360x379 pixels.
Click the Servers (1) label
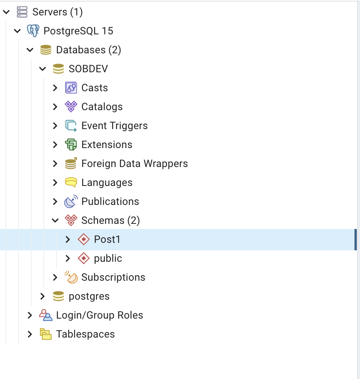coord(58,12)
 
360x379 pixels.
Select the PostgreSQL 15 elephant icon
coord(33,31)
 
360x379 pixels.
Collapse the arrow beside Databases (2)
coord(30,50)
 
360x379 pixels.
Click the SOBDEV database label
coord(88,69)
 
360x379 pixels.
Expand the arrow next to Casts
coord(55,88)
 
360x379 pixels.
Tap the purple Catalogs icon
coord(71,107)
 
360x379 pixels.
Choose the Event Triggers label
coord(114,126)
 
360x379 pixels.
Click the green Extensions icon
coord(71,144)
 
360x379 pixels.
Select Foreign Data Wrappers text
coord(135,164)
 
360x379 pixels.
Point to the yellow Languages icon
coord(71,182)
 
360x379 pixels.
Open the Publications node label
coord(110,202)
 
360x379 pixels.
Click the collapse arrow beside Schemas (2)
coord(55,220)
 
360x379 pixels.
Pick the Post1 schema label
coord(107,239)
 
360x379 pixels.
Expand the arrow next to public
coord(68,259)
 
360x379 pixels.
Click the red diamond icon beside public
coord(84,258)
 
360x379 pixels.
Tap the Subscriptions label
coord(113,278)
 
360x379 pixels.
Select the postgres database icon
coord(58,296)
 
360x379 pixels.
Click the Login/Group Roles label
coord(99,315)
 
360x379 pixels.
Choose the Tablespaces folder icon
coord(46,334)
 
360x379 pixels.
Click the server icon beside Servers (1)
coord(22,12)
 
